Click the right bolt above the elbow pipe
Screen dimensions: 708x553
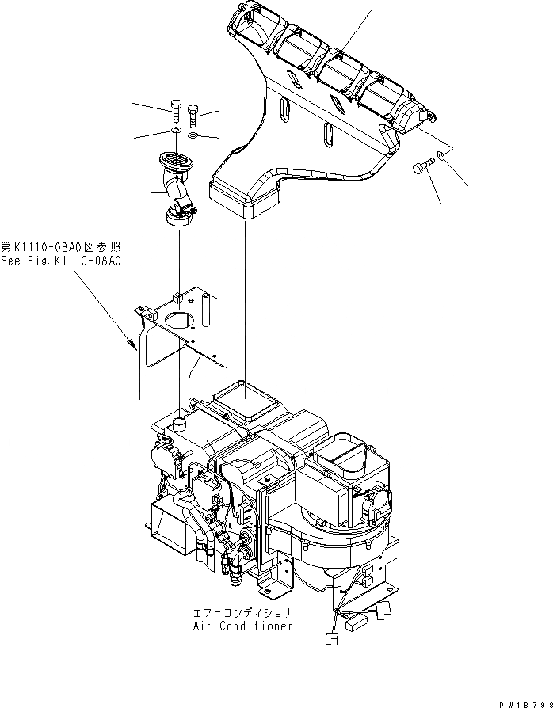pyautogui.click(x=193, y=117)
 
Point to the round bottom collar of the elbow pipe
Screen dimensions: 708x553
pyautogui.click(x=178, y=216)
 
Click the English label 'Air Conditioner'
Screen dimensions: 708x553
pyautogui.click(x=242, y=625)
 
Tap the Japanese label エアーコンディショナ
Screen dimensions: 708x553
pyautogui.click(x=242, y=613)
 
